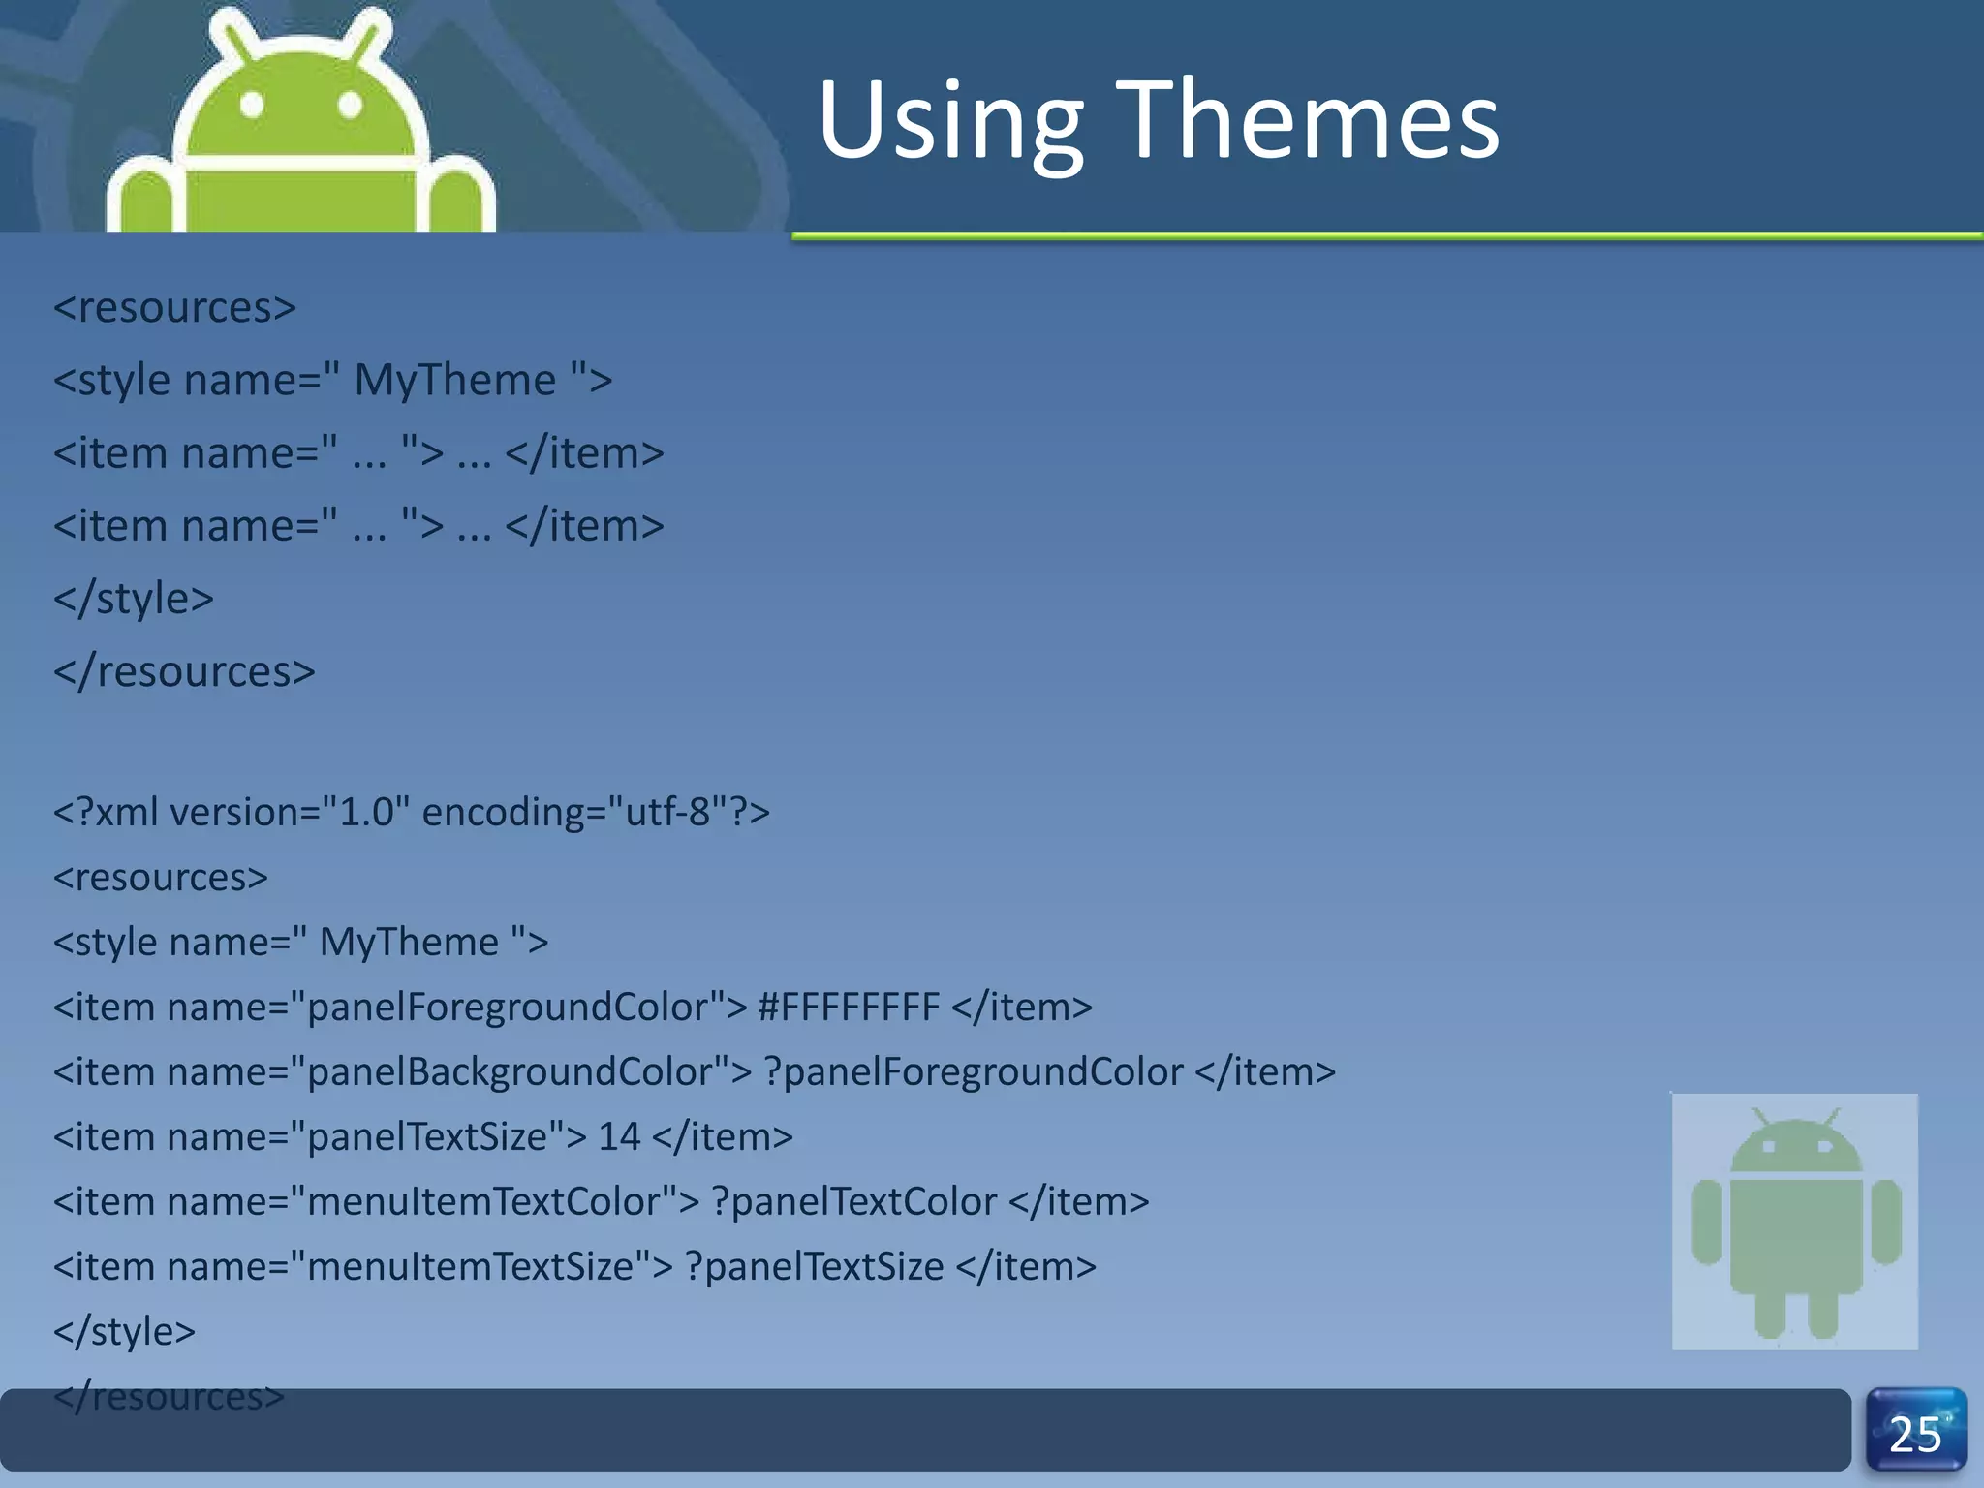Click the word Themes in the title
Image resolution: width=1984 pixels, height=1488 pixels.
pos(1308,121)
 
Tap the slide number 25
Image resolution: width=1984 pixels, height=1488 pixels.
pos(1915,1434)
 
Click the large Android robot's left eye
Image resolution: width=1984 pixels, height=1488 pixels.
pos(252,104)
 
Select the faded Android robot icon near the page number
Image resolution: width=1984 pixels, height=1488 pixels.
pos(1795,1221)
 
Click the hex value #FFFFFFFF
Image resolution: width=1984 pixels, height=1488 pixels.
pos(849,1007)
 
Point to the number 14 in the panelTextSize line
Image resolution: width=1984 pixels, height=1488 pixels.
pos(619,1136)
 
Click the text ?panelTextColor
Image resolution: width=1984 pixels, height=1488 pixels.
pos(854,1202)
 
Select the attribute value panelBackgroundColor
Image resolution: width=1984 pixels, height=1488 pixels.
pos(518,1072)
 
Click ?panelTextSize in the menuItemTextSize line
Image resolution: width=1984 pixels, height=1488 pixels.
pos(814,1267)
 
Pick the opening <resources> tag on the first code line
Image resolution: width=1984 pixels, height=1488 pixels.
pos(174,308)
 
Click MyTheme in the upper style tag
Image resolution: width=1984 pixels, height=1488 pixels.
pos(455,380)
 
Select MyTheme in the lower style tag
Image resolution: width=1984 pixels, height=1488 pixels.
pos(409,942)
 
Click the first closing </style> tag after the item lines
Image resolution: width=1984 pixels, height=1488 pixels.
pos(134,599)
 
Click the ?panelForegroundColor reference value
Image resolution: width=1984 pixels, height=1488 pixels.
pos(974,1072)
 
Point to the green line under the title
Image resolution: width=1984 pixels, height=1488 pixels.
pos(1385,235)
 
